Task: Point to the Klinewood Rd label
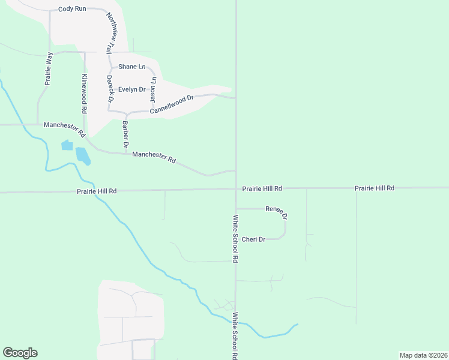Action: tap(85, 95)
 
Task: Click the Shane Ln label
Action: tap(131, 67)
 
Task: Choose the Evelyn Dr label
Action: tap(131, 89)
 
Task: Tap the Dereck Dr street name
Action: tap(110, 88)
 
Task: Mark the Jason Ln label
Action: tap(153, 88)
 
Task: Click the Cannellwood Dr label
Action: tap(172, 103)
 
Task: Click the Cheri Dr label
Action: tap(253, 239)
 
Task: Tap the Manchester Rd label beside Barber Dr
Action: tap(154, 157)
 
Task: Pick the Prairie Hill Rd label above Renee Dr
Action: tap(262, 188)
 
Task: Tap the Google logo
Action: tap(20, 353)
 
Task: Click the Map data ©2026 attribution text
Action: tap(423, 355)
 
